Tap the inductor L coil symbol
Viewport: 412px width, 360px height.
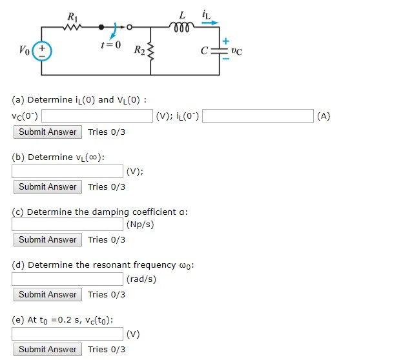[x=183, y=26]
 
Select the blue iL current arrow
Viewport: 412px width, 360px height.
[x=211, y=21]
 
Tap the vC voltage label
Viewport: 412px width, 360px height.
[x=236, y=50]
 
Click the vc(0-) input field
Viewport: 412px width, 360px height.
[x=97, y=116]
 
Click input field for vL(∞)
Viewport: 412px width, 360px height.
[x=67, y=171]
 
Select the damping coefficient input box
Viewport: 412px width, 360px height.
[x=67, y=224]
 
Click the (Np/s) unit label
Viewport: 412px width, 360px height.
[x=140, y=225]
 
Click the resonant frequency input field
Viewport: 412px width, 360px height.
[x=67, y=279]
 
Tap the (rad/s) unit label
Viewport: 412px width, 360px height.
[x=141, y=279]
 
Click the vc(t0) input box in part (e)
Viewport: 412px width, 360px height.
[x=67, y=334]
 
